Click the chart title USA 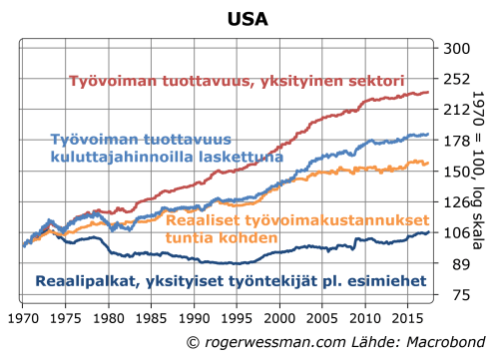pyautogui.click(x=247, y=19)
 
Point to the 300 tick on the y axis pyautogui.click(x=455, y=49)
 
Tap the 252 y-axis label pyautogui.click(x=455, y=80)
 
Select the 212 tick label pyautogui.click(x=455, y=110)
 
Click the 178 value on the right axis pyautogui.click(x=455, y=141)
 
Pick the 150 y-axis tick pyautogui.click(x=455, y=172)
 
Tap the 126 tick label pyautogui.click(x=455, y=202)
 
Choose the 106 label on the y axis pyautogui.click(x=455, y=233)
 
